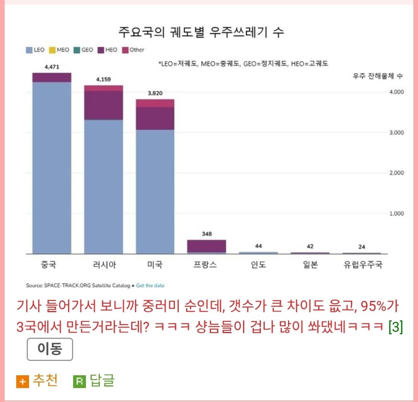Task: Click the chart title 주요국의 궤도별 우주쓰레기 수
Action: [x=201, y=32]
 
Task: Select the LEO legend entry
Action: [x=35, y=50]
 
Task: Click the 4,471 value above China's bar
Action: [x=52, y=67]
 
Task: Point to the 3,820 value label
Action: [x=155, y=93]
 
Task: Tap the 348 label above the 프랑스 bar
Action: [x=207, y=234]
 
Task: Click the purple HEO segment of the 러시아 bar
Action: [x=103, y=105]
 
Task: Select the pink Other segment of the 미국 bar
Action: [x=155, y=103]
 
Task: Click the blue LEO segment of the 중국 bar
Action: [x=52, y=167]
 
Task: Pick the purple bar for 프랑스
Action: [x=207, y=246]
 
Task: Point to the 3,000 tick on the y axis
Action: [x=396, y=132]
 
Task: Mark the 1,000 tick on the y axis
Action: [x=396, y=213]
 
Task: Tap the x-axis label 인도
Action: [x=258, y=266]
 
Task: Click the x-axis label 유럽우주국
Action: [x=363, y=266]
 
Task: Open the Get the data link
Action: [x=150, y=286]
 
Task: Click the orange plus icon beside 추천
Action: [x=22, y=382]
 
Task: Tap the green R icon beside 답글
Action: [x=79, y=382]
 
